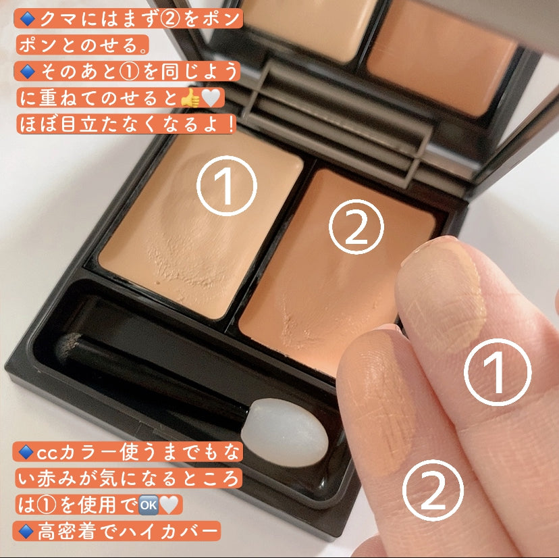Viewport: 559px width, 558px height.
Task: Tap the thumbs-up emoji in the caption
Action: tap(190, 98)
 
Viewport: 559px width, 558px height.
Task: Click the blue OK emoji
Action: tap(149, 505)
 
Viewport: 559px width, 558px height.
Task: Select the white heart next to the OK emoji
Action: tap(169, 505)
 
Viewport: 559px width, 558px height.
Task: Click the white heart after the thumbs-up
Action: tap(211, 98)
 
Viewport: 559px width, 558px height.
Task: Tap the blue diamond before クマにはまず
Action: tap(27, 18)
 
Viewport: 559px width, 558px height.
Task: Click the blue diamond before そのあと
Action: tap(27, 72)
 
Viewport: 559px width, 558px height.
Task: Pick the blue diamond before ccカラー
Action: tap(26, 452)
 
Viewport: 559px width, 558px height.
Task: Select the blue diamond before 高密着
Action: tap(26, 531)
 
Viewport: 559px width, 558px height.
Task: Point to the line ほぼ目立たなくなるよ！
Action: tap(127, 124)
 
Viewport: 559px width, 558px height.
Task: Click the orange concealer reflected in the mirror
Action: tap(442, 57)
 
